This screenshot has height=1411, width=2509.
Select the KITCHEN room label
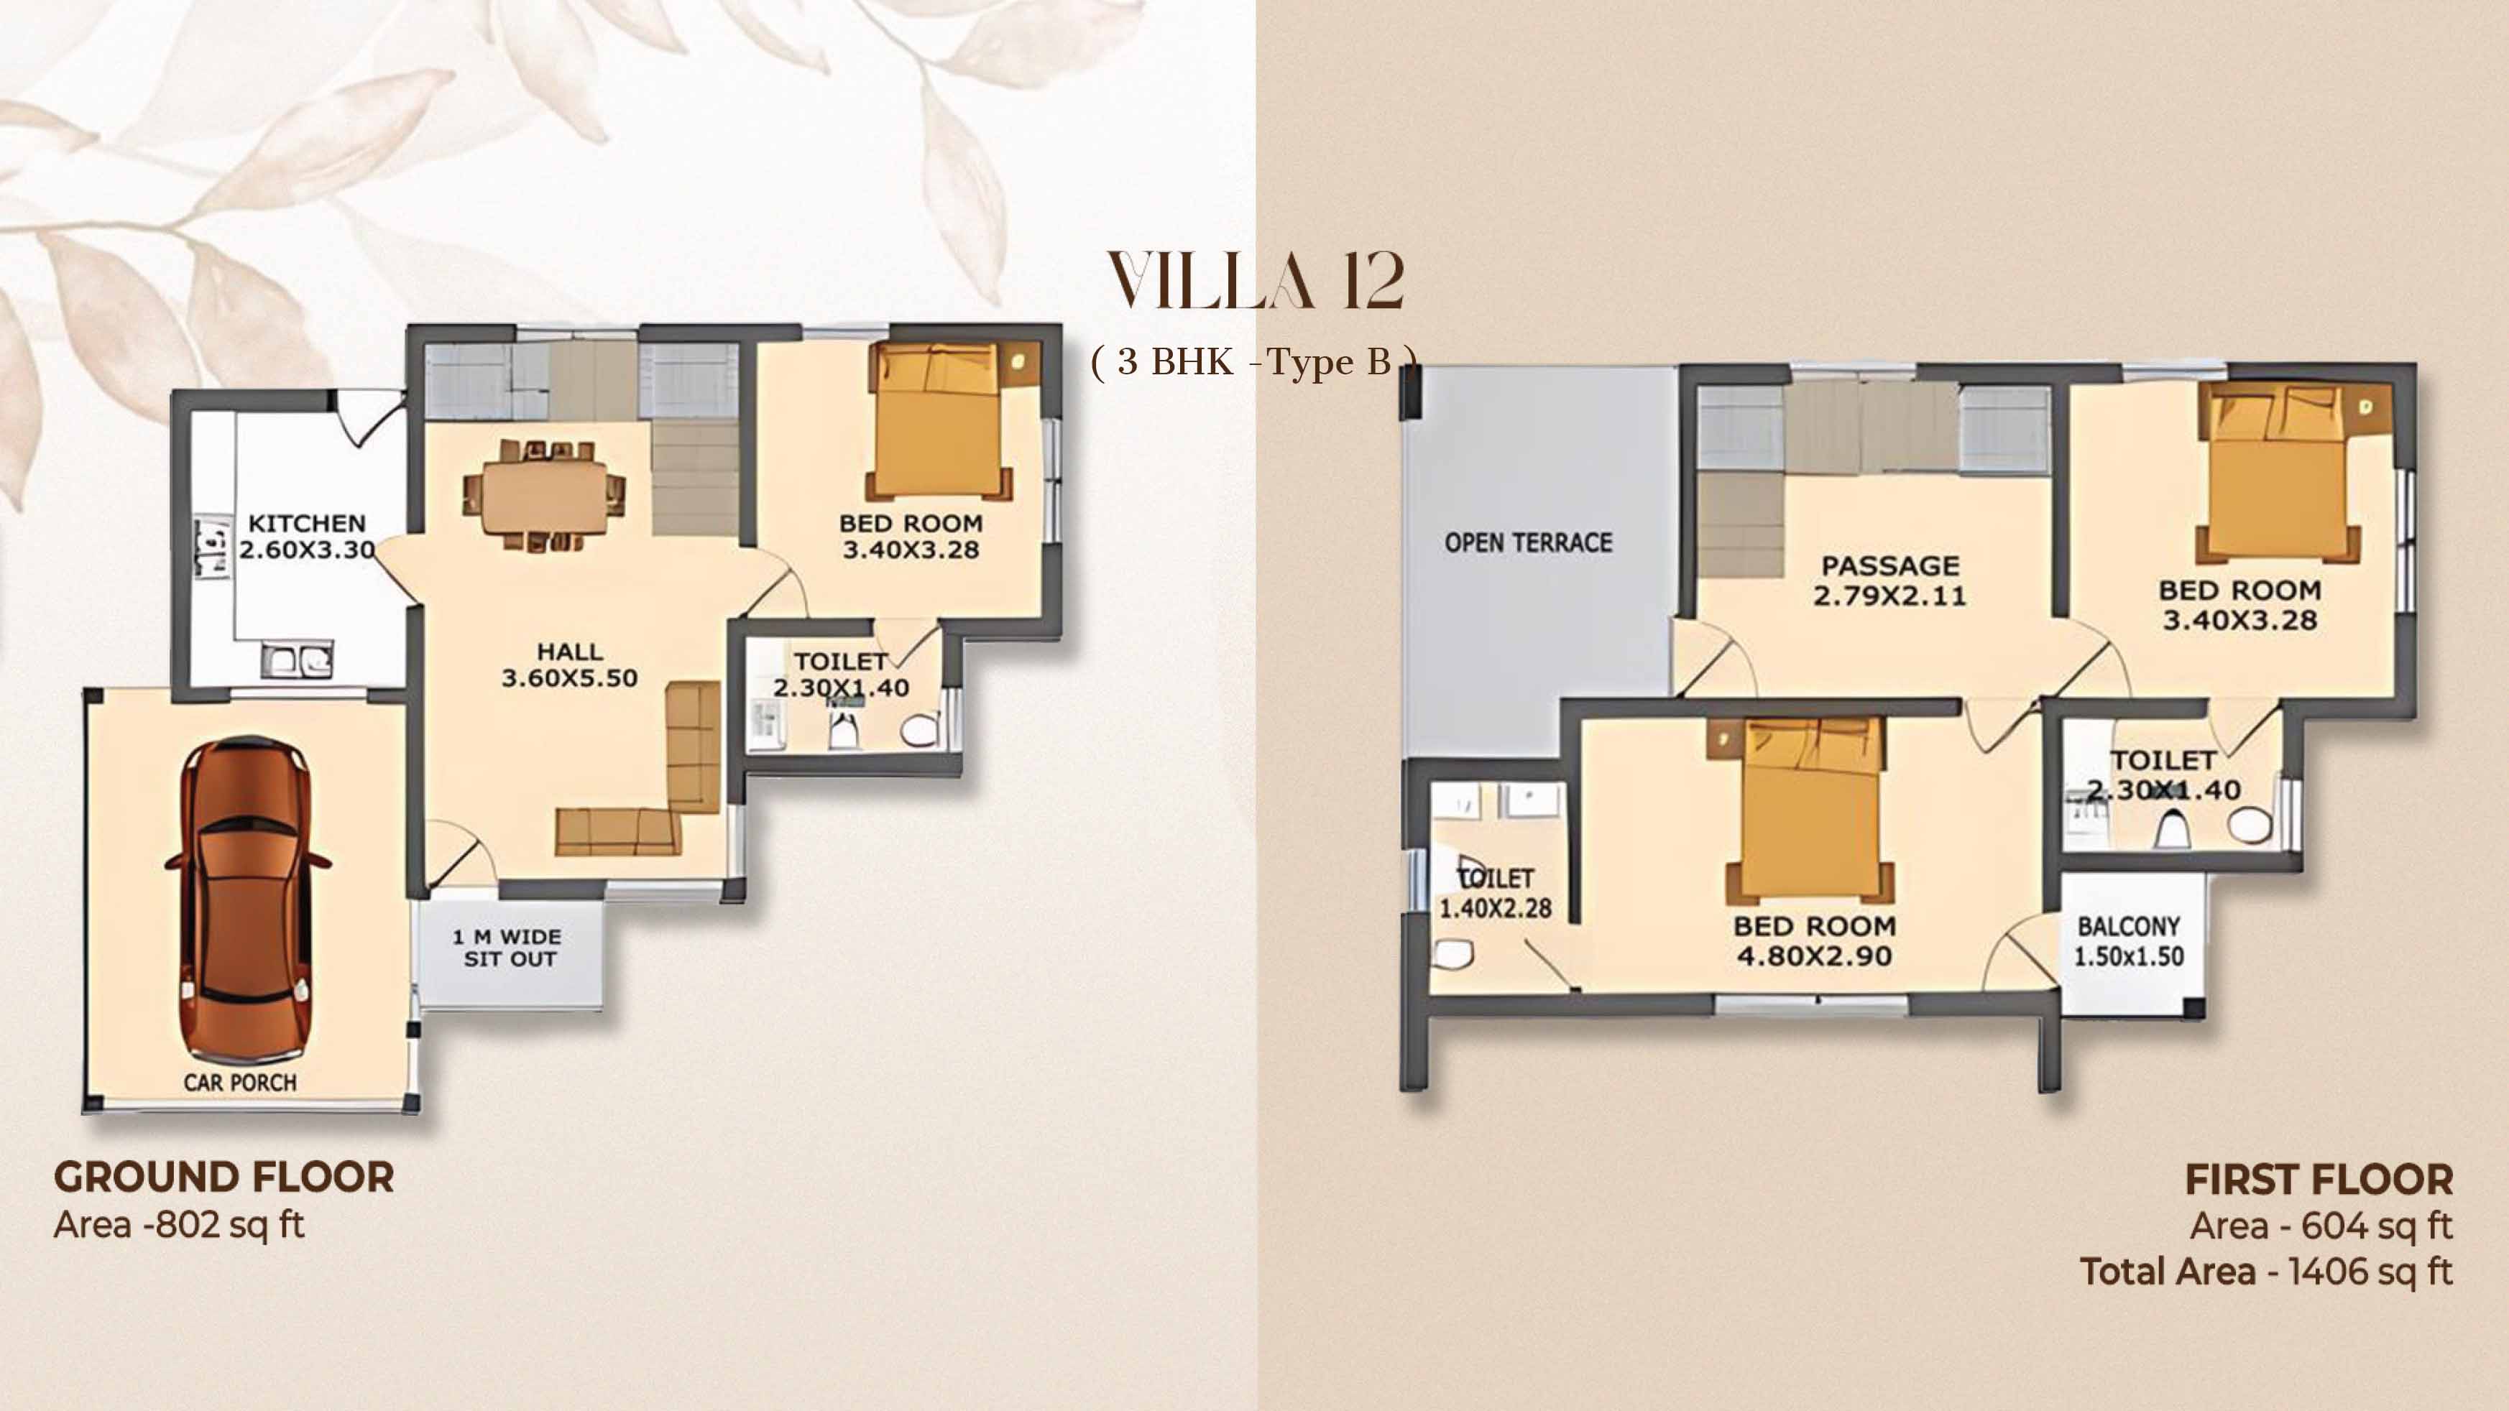[307, 523]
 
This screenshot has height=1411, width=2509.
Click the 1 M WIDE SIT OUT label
[507, 948]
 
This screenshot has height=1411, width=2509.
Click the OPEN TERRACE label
[1528, 542]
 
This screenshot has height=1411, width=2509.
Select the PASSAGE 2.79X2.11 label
[1889, 580]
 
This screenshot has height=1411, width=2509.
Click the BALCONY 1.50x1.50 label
[2129, 940]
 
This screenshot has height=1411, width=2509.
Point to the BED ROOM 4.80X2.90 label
[1815, 940]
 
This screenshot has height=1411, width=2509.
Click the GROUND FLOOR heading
[224, 1178]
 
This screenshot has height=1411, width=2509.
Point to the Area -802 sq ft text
[179, 1225]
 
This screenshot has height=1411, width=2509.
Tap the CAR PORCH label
[239, 1082]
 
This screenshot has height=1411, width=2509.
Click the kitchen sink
[297, 660]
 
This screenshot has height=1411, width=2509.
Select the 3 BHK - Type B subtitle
[1255, 362]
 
